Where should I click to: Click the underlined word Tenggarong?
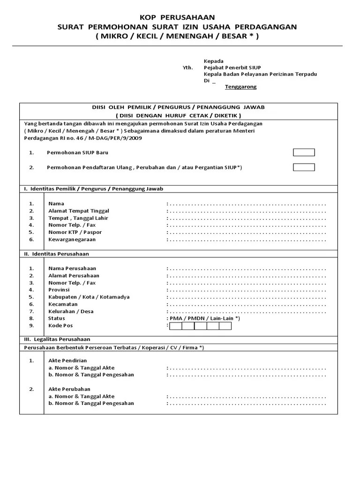coord(240,87)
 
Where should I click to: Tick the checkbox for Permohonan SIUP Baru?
coord(304,152)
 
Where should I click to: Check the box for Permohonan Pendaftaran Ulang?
coord(304,167)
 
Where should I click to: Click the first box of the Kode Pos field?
coord(175,326)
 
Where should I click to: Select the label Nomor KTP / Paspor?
coord(75,232)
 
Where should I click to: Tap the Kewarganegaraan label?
coord(72,239)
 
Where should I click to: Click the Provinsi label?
coord(59,290)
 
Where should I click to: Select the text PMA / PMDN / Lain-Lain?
coord(204,318)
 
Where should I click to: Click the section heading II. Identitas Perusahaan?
coord(56,254)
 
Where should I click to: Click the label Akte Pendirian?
coord(67,360)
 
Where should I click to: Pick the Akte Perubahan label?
coord(69,389)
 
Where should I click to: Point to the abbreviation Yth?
coord(187,67)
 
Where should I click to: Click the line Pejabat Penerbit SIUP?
coord(230,67)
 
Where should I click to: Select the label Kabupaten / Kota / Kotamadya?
coord(89,297)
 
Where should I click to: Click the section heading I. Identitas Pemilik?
coord(93,188)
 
